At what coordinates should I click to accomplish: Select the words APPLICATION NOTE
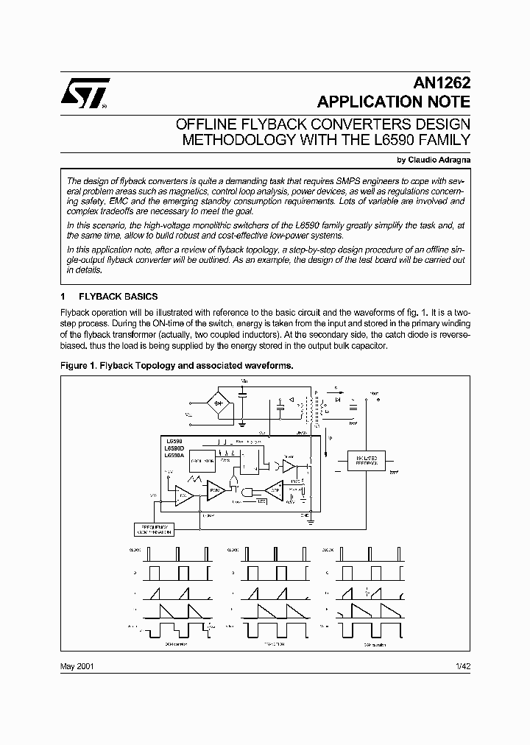point(393,102)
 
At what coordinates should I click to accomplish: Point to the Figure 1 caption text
point(177,365)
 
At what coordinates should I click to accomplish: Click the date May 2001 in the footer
point(76,666)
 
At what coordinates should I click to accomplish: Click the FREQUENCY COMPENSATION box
point(162,529)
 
